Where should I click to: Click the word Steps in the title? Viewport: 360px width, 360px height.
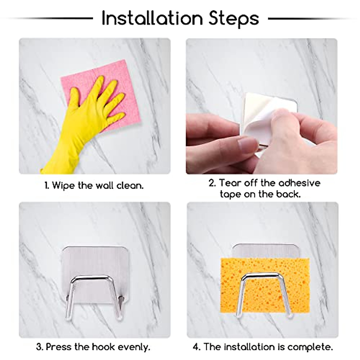(x=234, y=19)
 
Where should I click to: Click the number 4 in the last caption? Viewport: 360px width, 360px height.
(x=196, y=347)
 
